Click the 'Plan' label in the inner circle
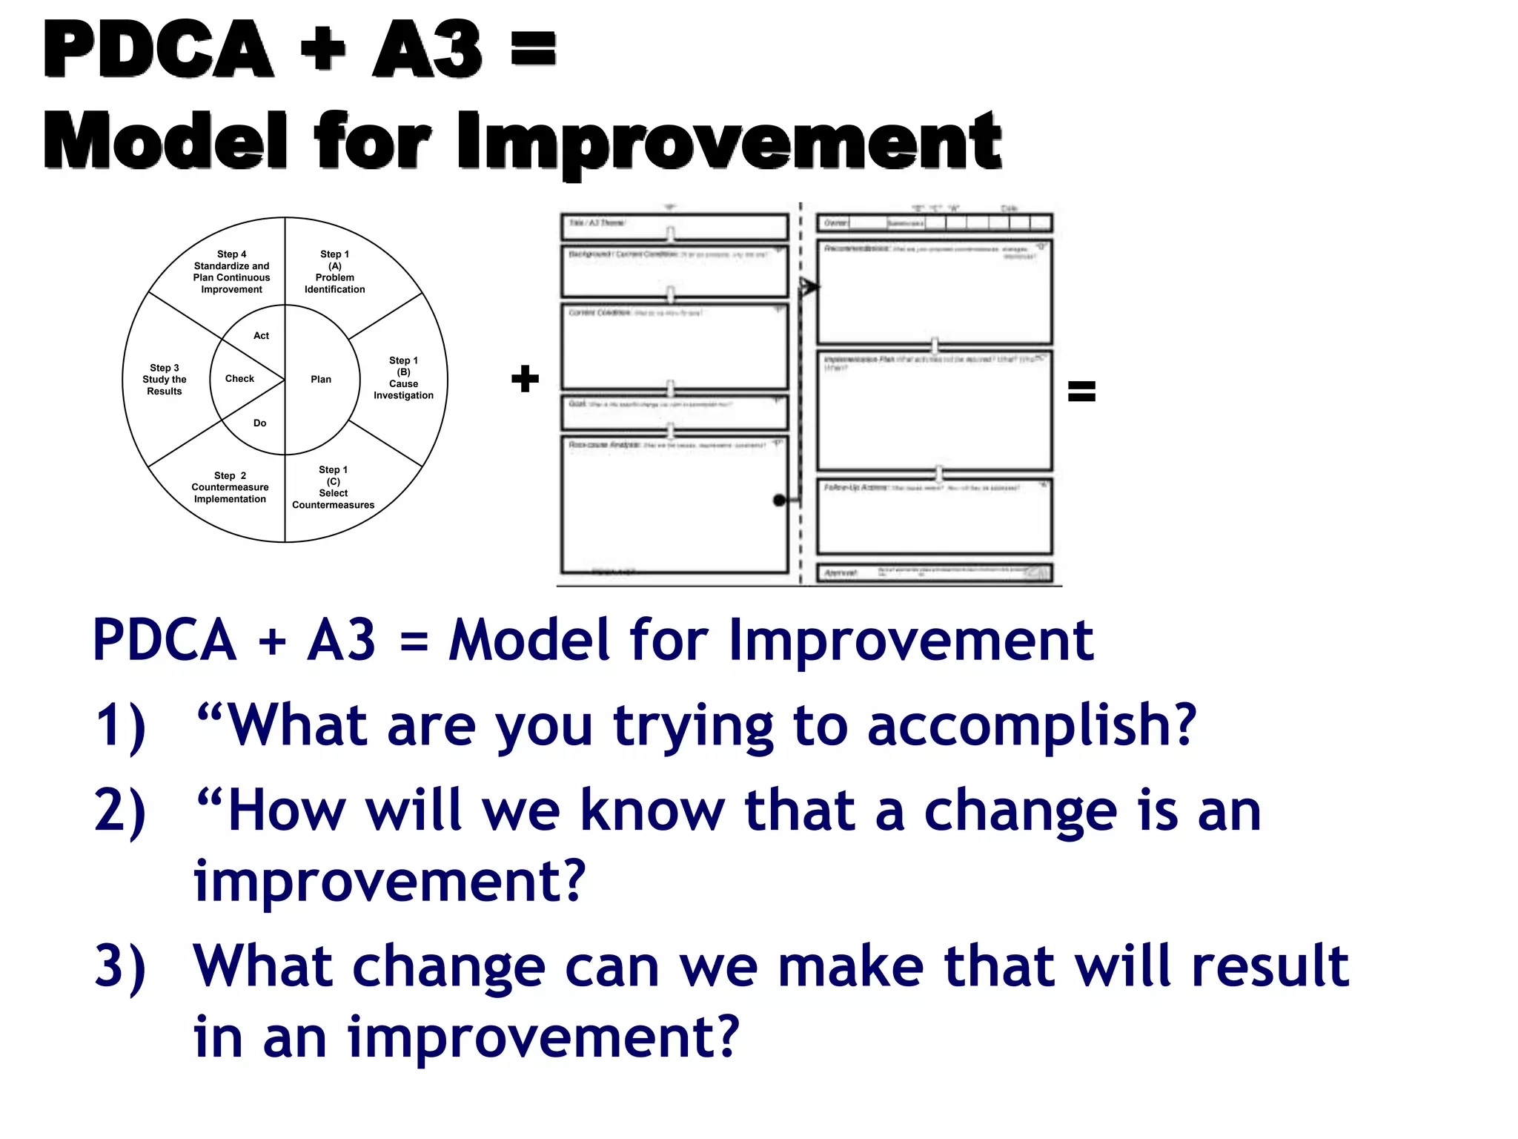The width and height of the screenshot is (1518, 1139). coord(321,380)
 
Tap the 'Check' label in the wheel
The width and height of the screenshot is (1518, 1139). coord(239,379)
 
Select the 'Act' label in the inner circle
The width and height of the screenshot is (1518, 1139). coord(261,336)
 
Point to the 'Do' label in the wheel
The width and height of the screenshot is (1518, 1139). coord(259,423)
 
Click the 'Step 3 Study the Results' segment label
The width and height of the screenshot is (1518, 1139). coord(165,380)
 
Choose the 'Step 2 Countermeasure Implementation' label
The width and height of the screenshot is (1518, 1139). coord(230,487)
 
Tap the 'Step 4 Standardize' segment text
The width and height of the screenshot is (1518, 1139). coord(231,272)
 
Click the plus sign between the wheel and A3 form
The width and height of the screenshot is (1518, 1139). coord(525,378)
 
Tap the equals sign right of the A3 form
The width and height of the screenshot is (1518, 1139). coord(1081,391)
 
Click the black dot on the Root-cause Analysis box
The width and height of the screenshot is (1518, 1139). coord(779,501)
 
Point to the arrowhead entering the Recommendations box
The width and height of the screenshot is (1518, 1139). coord(810,286)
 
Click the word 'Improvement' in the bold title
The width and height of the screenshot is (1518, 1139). coord(729,141)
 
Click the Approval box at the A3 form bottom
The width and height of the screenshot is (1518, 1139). coord(934,573)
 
